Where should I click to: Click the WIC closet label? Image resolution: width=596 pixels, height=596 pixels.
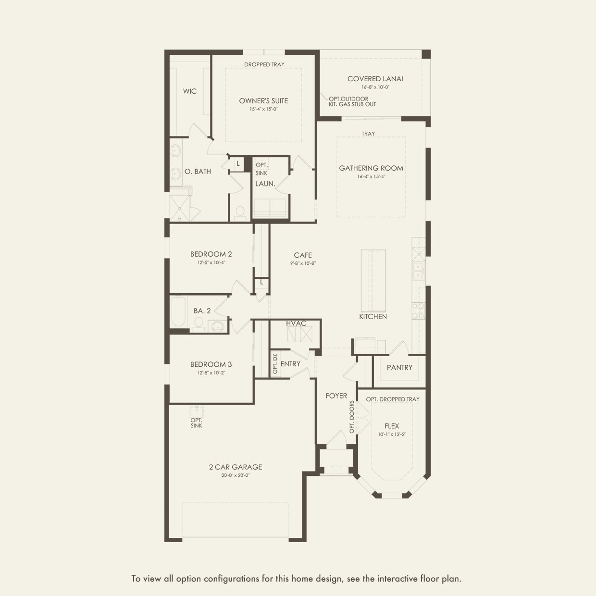click(x=189, y=91)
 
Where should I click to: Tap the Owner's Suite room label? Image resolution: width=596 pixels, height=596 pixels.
click(x=263, y=101)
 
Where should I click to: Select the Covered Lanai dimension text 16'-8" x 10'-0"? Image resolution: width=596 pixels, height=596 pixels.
click(x=375, y=87)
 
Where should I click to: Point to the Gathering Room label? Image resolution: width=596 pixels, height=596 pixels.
click(x=371, y=168)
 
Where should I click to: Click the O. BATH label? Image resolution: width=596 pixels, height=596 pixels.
click(x=198, y=172)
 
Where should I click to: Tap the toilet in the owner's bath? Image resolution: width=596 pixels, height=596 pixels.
click(x=240, y=212)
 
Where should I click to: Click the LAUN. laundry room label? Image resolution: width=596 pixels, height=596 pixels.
click(x=265, y=184)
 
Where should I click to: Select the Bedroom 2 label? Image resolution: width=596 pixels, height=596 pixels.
click(x=211, y=254)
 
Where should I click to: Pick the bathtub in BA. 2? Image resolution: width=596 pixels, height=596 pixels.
click(x=178, y=311)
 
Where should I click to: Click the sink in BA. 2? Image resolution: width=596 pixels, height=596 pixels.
click(x=218, y=326)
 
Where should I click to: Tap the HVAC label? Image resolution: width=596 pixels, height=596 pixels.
click(x=296, y=323)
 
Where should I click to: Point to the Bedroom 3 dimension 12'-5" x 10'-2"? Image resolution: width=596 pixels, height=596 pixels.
click(x=211, y=372)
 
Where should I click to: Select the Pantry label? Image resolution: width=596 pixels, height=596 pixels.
click(x=399, y=368)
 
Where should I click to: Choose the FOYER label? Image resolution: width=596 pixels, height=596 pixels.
click(x=336, y=396)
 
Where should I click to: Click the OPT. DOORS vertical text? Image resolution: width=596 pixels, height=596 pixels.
click(x=352, y=417)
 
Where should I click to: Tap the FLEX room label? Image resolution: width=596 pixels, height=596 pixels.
click(x=392, y=426)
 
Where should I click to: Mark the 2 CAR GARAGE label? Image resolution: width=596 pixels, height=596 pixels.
click(x=236, y=467)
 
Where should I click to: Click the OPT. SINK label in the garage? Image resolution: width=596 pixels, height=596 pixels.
click(x=196, y=423)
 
